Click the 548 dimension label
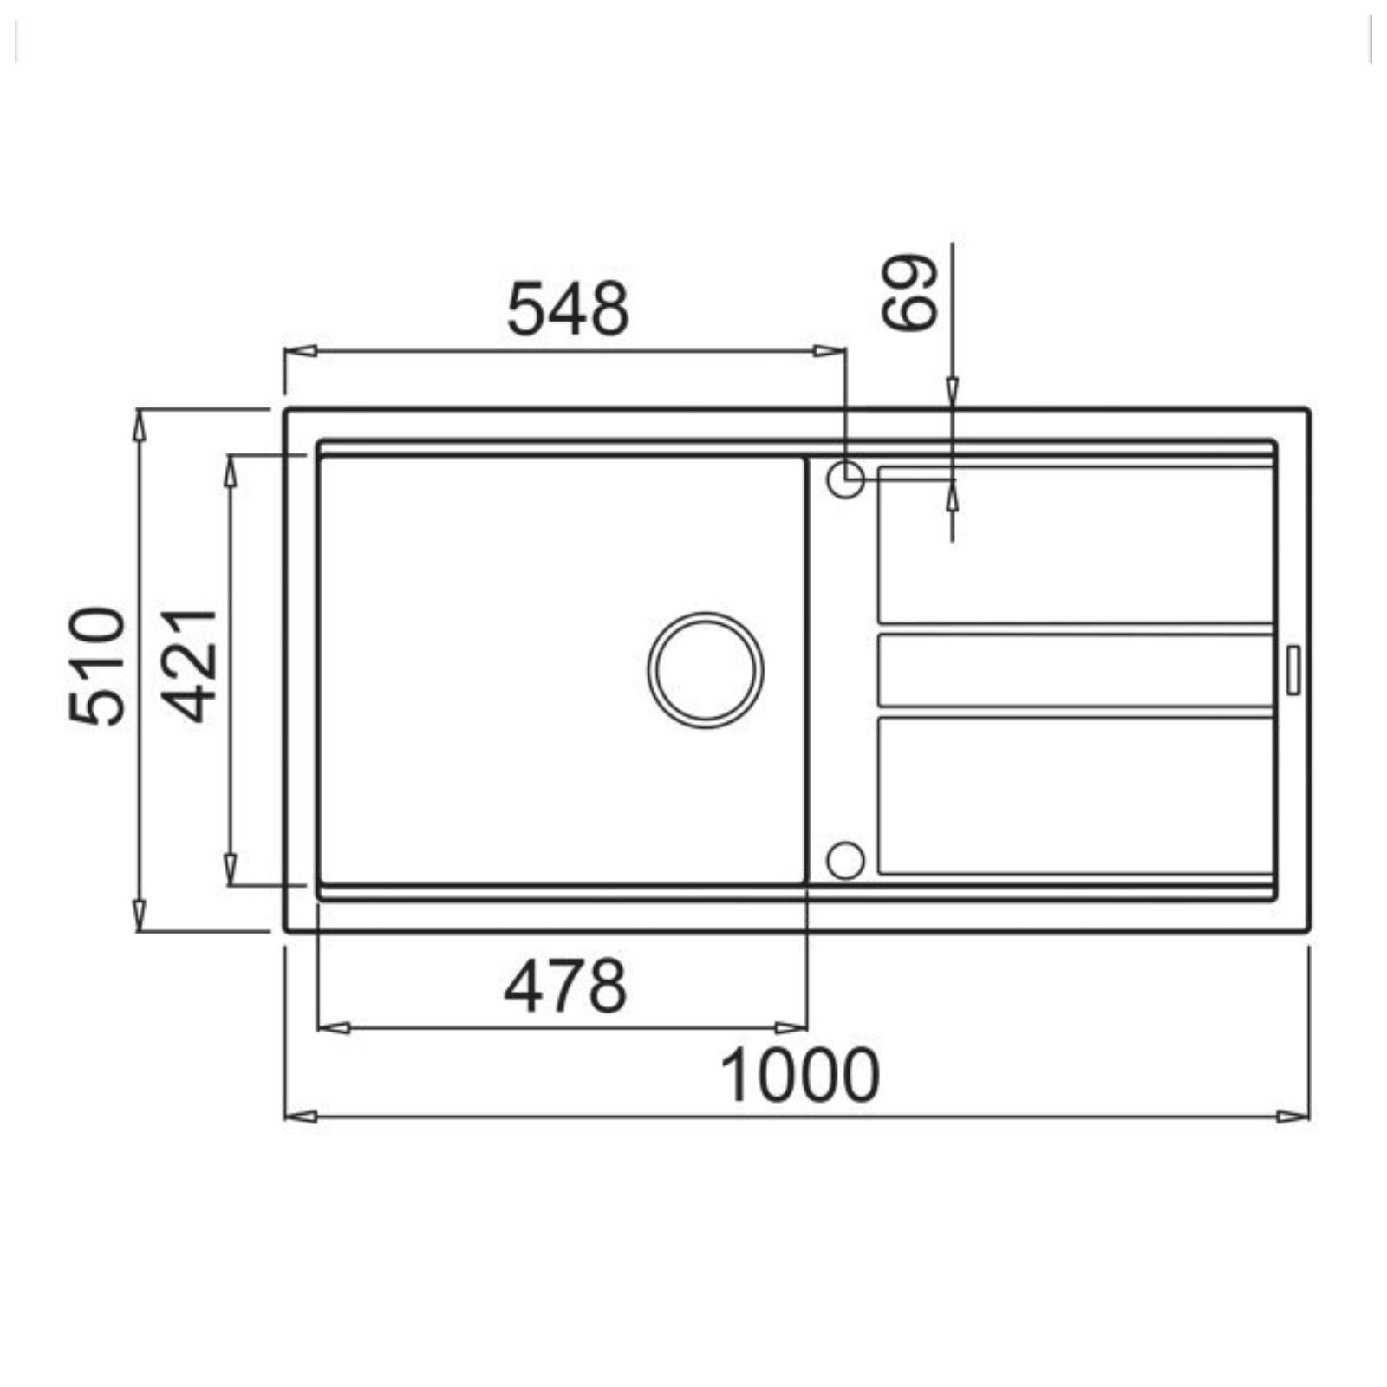click(x=568, y=309)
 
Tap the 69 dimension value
click(x=909, y=292)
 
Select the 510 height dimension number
click(x=97, y=665)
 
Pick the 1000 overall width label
click(x=799, y=1076)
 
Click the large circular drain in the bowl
click(x=705, y=670)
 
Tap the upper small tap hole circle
click(x=845, y=479)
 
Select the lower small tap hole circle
click(x=845, y=860)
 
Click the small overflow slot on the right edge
click(x=1293, y=669)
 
